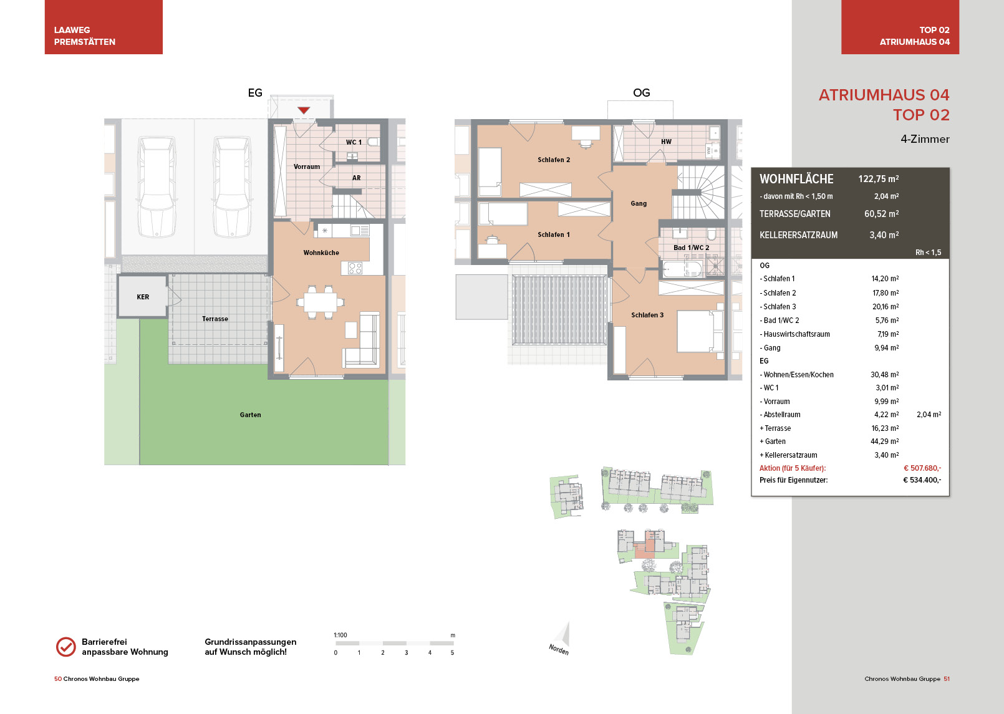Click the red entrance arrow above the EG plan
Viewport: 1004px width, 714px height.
304,110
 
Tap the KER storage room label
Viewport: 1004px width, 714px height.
143,297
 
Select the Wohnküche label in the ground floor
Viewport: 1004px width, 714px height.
321,253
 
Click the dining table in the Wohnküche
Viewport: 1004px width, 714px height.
321,302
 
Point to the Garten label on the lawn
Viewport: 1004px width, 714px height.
250,415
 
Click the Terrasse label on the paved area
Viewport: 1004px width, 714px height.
215,319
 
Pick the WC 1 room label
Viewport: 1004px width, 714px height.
354,142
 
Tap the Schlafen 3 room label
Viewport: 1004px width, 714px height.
647,315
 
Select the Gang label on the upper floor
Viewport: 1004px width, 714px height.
639,203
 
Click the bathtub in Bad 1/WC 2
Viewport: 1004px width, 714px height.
682,269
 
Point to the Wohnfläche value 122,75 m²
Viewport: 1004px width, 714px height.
878,179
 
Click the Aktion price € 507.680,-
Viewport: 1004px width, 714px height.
922,468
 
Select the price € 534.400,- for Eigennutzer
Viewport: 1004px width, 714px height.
922,480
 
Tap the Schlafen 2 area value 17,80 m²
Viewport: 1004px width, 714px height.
886,292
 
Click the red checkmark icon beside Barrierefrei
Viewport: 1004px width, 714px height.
66,647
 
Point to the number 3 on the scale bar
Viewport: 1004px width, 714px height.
406,653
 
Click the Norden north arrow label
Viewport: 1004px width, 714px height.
559,649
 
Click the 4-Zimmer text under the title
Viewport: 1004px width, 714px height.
925,139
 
